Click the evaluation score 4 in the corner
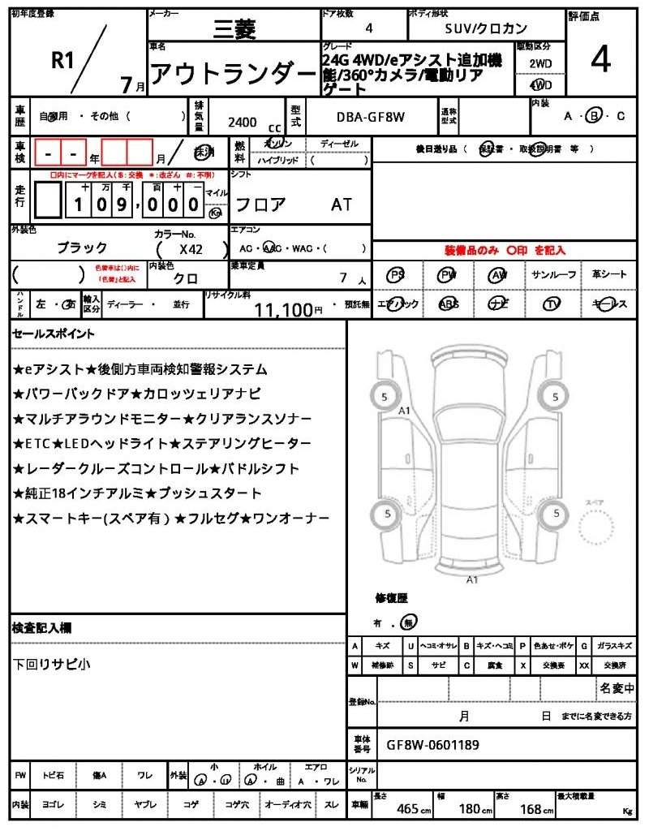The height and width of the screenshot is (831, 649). pyautogui.click(x=601, y=62)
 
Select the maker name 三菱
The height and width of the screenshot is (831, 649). pyautogui.click(x=234, y=29)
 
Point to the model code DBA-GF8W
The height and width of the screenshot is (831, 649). pyautogui.click(x=370, y=117)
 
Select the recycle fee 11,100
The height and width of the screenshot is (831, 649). pyautogui.click(x=283, y=309)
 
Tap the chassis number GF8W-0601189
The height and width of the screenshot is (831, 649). pyautogui.click(x=432, y=743)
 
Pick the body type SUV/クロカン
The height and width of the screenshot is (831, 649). pyautogui.click(x=486, y=28)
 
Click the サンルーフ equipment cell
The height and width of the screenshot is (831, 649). pyautogui.click(x=553, y=275)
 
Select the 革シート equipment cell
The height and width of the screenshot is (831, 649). pyautogui.click(x=609, y=275)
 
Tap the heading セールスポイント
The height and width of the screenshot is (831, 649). pyautogui.click(x=54, y=334)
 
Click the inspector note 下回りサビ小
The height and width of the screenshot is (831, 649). pyautogui.click(x=52, y=664)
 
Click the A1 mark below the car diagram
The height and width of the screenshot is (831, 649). pyautogui.click(x=472, y=579)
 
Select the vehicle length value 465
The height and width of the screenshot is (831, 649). pyautogui.click(x=407, y=809)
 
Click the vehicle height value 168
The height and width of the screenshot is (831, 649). pyautogui.click(x=531, y=809)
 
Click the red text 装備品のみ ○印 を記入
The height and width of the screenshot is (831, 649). pyautogui.click(x=504, y=251)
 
